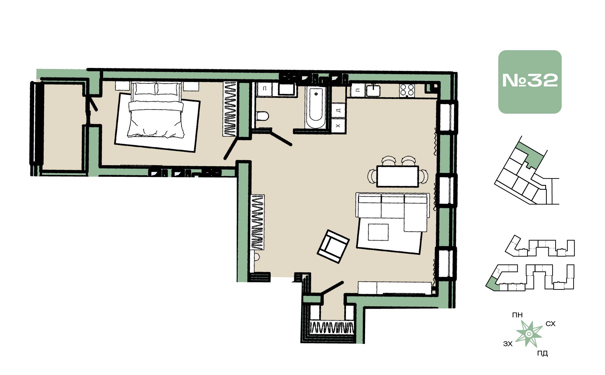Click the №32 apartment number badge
530,82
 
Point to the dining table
398,176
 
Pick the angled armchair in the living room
333,246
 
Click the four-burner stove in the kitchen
407,90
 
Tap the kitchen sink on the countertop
373,90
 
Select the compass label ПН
517,315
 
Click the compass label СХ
550,324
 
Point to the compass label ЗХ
508,344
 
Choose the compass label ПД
542,353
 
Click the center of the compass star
529,334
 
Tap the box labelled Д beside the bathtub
338,110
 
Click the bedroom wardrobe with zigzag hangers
230,108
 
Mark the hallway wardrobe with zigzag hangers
257,222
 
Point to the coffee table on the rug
378,232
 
